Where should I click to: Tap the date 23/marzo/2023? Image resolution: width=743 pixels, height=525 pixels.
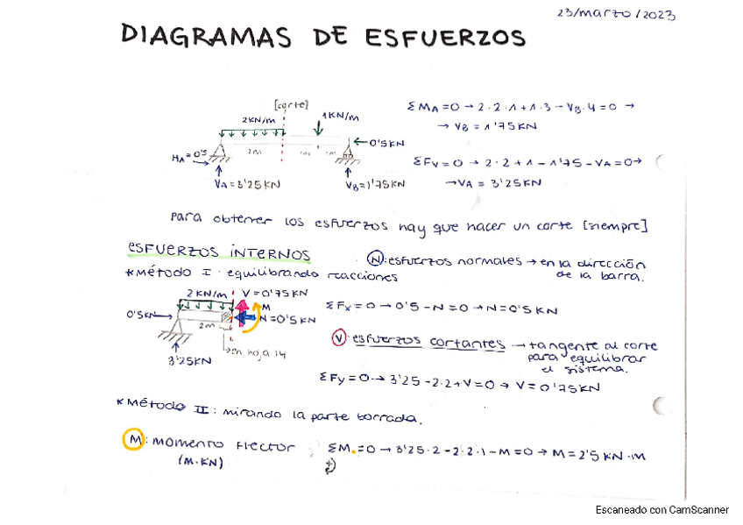pos(616,14)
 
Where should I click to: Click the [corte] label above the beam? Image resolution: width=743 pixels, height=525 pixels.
pos(291,103)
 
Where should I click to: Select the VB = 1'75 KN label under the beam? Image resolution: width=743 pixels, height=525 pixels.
pos(374,184)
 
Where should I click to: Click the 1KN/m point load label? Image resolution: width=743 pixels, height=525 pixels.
pos(341,116)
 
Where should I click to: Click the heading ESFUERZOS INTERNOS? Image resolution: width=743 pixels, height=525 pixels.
pos(219,253)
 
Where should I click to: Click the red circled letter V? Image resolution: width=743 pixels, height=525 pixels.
pos(339,338)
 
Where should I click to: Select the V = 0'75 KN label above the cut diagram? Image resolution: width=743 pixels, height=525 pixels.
pos(274,293)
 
